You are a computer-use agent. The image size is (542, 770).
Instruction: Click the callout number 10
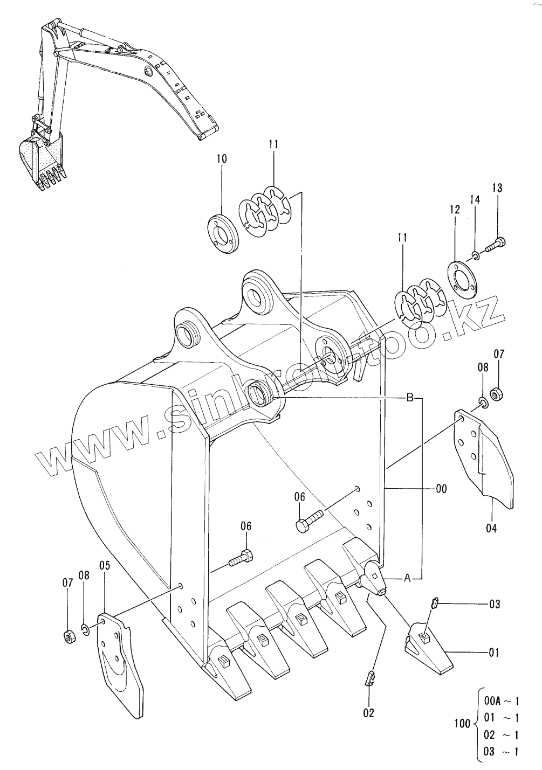(x=222, y=159)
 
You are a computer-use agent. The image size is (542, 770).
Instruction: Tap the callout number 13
(x=497, y=188)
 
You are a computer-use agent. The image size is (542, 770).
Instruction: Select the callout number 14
(x=475, y=200)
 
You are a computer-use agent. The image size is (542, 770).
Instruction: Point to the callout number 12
(x=455, y=210)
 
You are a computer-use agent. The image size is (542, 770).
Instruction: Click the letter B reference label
(x=410, y=398)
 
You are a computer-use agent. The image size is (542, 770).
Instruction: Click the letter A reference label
(x=407, y=579)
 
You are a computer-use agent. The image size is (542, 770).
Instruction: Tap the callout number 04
(x=491, y=528)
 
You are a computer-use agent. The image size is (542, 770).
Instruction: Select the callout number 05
(x=105, y=565)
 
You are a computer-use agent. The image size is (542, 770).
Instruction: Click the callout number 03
(x=495, y=604)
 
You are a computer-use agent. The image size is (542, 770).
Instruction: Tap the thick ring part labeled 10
(x=223, y=234)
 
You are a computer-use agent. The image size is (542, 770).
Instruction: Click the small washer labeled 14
(x=476, y=255)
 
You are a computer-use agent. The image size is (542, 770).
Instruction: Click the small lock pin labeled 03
(x=434, y=602)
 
